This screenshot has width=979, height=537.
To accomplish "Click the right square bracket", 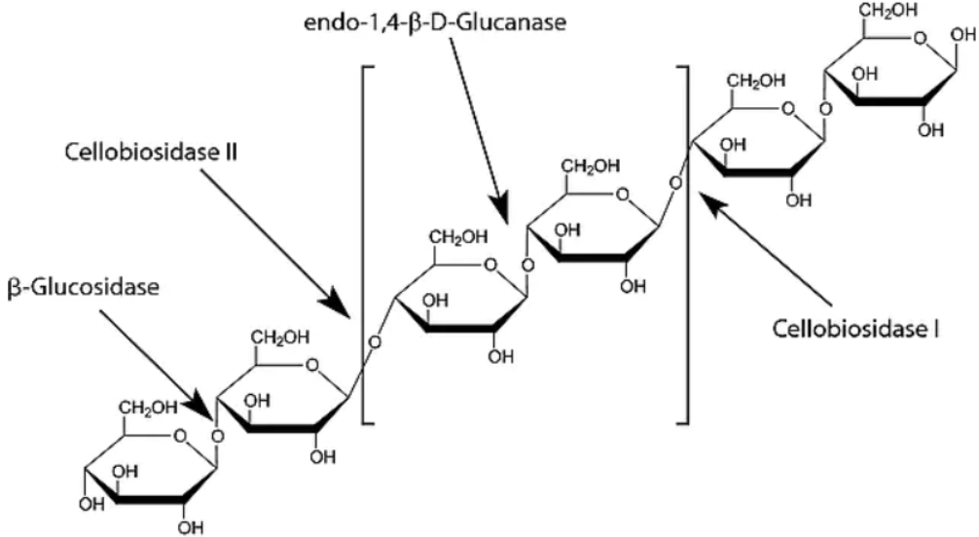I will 684,243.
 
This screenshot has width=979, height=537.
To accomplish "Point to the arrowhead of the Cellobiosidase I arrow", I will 714,200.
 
